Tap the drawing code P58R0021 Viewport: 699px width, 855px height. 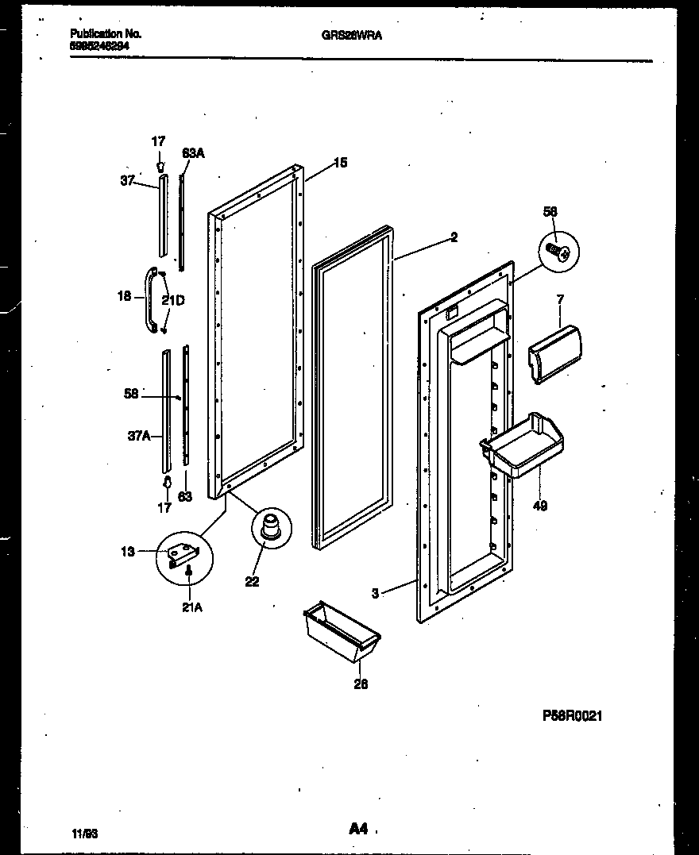coord(572,715)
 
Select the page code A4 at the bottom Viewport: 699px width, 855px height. coord(357,829)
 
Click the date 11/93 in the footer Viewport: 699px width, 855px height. coord(83,833)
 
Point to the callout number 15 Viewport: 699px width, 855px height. coord(339,163)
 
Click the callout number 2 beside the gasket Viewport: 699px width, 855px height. coord(454,237)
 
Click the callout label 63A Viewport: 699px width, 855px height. coord(192,152)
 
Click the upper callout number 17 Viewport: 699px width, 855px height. coord(159,141)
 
